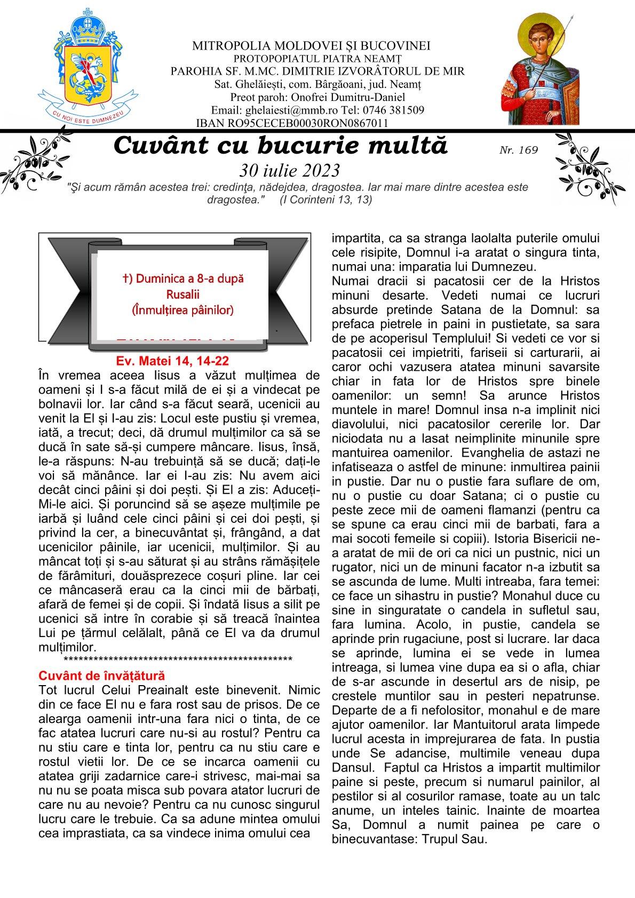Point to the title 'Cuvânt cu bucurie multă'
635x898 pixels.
click(281, 146)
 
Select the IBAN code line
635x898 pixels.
click(292, 123)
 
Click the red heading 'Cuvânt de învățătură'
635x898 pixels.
click(102, 676)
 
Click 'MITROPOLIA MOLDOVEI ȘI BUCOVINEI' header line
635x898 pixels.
click(312, 46)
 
